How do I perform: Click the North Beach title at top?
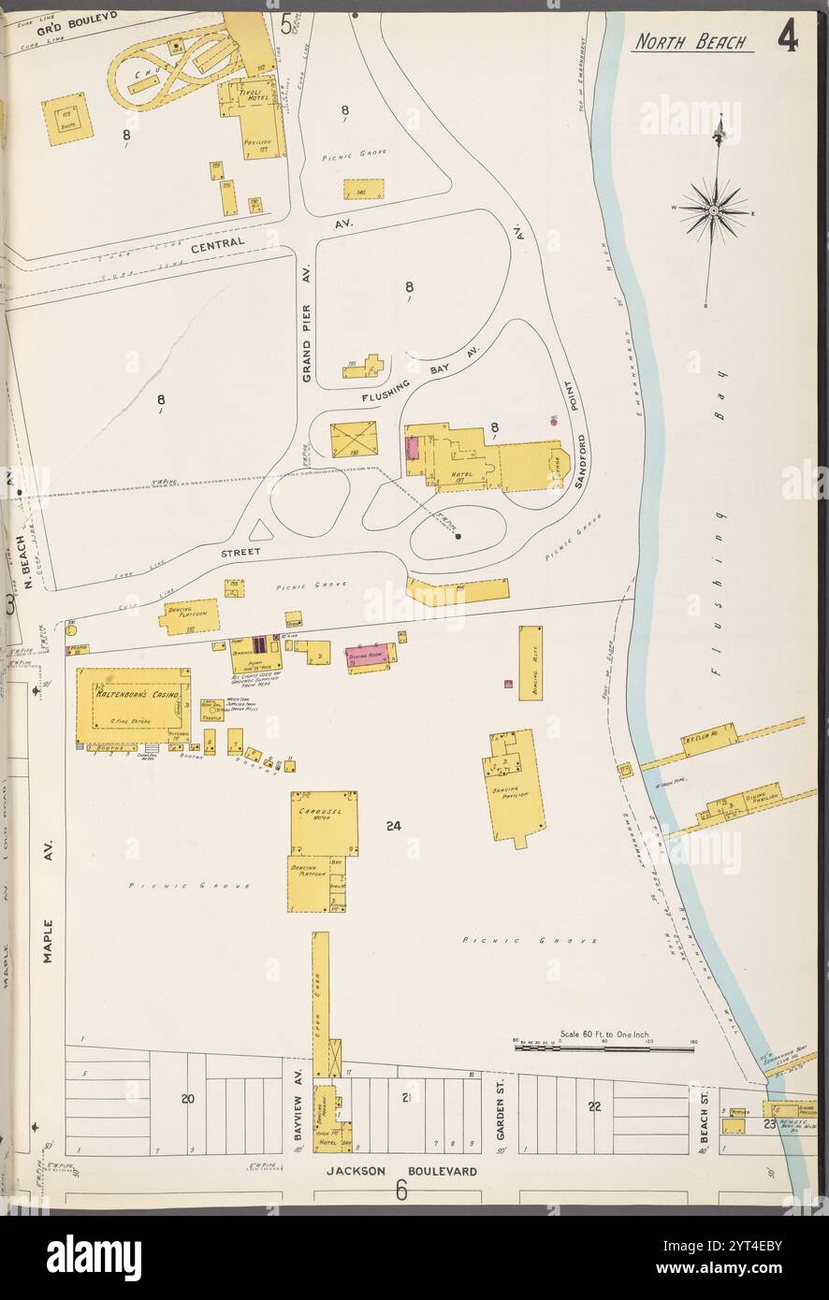(691, 42)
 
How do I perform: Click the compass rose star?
(713, 210)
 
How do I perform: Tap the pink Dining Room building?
(371, 657)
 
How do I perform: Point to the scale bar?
(604, 1048)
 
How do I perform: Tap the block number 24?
(393, 826)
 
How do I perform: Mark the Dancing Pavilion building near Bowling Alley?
(513, 786)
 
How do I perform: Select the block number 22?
(594, 1106)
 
